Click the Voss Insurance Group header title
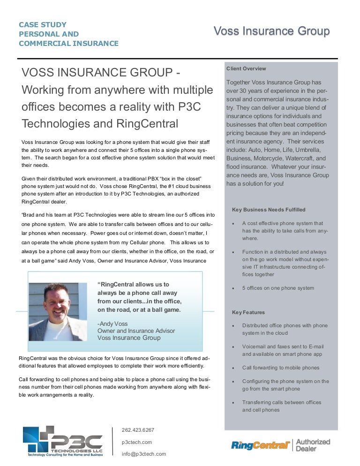pyautogui.click(x=271, y=31)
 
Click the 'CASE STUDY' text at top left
pyautogui.click(x=43, y=24)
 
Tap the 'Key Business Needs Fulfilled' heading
pyautogui.click(x=269, y=210)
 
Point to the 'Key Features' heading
pyautogui.click(x=248, y=312)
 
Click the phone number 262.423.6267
pyautogui.click(x=138, y=429)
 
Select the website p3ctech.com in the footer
pyautogui.click(x=136, y=442)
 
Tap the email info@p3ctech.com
pyautogui.click(x=143, y=454)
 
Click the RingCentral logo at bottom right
pyautogui.click(x=260, y=445)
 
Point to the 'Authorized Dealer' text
pyautogui.click(x=313, y=445)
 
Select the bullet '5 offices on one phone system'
pyautogui.click(x=278, y=288)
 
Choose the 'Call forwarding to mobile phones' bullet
pyautogui.click(x=281, y=368)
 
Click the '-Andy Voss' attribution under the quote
pyautogui.click(x=112, y=323)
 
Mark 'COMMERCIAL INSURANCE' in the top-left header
pyautogui.click(x=68, y=44)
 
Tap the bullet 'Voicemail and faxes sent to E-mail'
pyautogui.click(x=283, y=346)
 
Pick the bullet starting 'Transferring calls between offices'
pyautogui.click(x=282, y=402)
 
